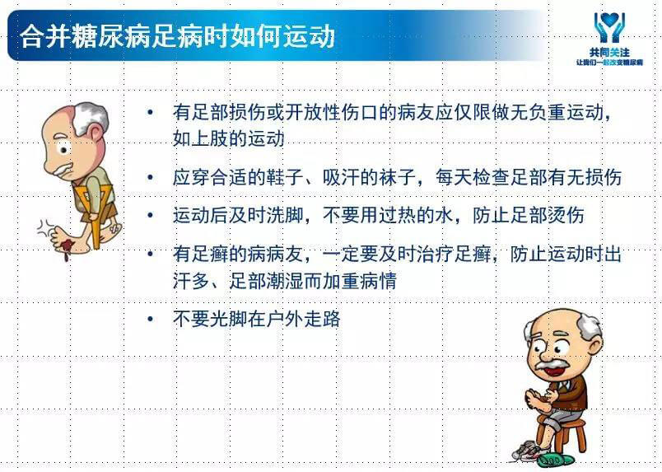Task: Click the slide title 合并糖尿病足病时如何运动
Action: click(177, 36)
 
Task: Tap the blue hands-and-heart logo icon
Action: click(609, 27)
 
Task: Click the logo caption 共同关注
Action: click(609, 53)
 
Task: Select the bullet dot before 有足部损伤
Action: click(151, 112)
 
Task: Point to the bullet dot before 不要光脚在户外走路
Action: click(151, 319)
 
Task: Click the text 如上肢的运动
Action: click(228, 138)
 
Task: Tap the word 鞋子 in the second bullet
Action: click(286, 177)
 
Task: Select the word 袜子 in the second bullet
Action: click(398, 177)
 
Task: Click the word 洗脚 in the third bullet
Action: click(286, 215)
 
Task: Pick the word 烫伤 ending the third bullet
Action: click(566, 215)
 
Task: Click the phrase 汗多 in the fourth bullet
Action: click(191, 281)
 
